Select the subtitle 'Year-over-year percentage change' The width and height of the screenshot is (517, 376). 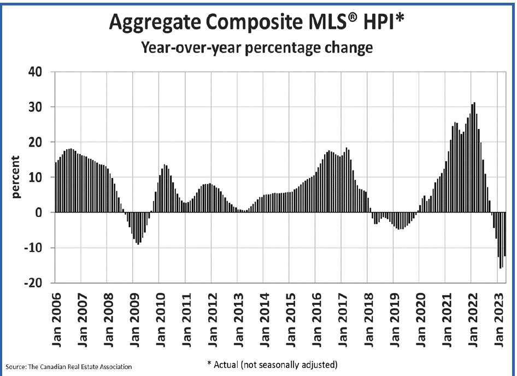[257, 48]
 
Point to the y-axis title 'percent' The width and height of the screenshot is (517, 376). [16, 178]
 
